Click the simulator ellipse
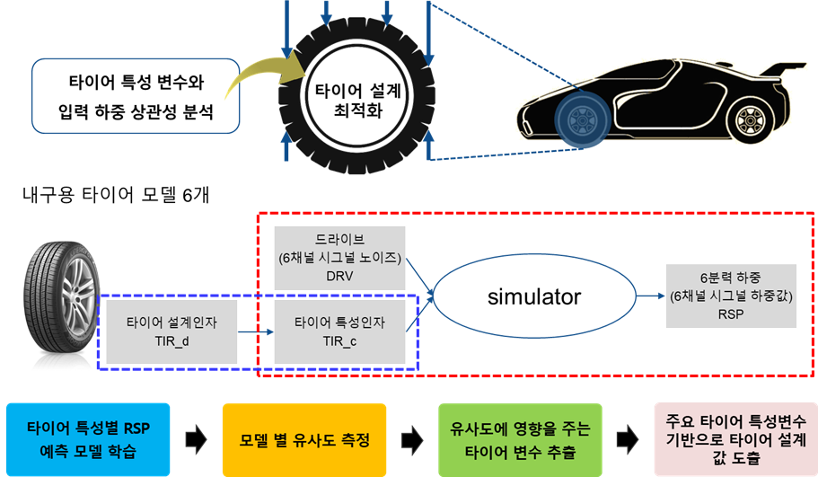click(x=534, y=296)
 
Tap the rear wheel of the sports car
click(x=749, y=119)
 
